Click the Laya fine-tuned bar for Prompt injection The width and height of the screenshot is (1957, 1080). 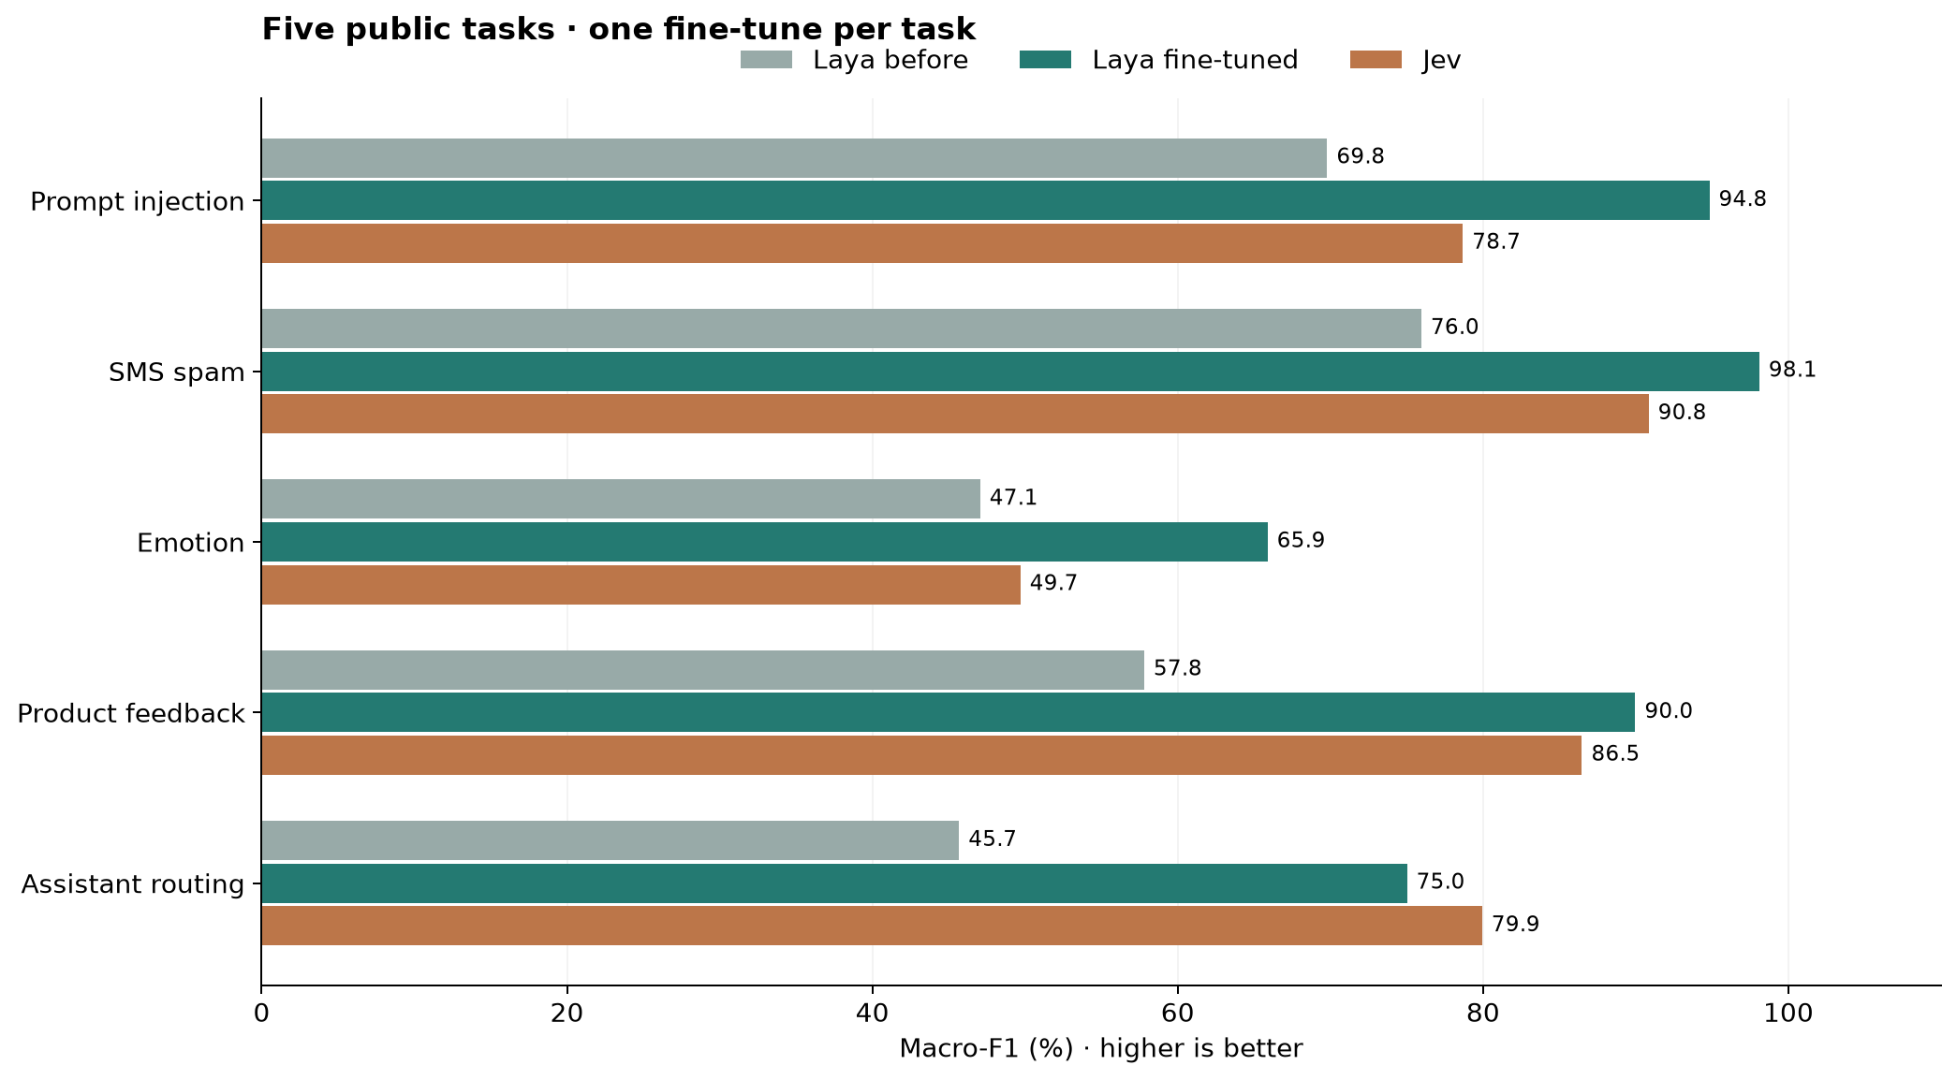(985, 200)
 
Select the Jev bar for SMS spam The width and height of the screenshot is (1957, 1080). (955, 414)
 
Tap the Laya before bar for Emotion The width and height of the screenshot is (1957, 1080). (621, 499)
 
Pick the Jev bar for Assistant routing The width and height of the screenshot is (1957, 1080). (872, 926)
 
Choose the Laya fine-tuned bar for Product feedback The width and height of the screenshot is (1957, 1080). (949, 712)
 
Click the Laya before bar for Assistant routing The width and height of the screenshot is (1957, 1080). (610, 840)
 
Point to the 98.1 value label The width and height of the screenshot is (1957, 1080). (1792, 370)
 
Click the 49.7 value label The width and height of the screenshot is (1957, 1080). (1053, 583)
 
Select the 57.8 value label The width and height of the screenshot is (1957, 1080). (1177, 668)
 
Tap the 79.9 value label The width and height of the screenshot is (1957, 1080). (1515, 925)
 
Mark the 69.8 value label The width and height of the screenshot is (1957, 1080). (1361, 156)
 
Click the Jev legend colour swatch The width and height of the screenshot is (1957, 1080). (1376, 60)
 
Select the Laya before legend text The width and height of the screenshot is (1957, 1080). (890, 61)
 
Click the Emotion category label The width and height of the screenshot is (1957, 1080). (191, 543)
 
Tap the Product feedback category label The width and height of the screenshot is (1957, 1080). (131, 714)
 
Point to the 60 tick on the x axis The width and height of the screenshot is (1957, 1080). (1177, 985)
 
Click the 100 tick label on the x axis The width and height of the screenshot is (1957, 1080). (1788, 1014)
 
